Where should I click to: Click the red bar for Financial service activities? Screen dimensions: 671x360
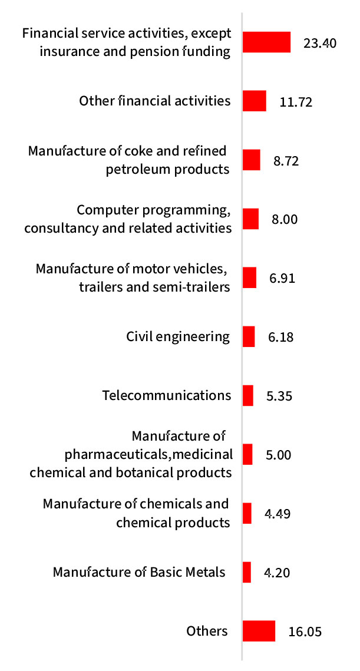[x=266, y=42]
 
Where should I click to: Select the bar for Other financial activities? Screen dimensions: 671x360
[x=255, y=101]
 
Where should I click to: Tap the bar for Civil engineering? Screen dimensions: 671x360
[x=249, y=336]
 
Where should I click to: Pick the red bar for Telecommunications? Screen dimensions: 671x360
[x=248, y=395]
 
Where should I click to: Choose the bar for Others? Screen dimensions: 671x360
[x=259, y=631]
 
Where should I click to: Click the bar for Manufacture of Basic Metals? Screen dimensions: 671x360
[x=247, y=572]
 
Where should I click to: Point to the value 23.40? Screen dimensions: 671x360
[x=320, y=43]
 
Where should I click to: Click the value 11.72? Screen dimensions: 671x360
[x=296, y=102]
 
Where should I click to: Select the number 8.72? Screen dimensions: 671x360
[x=286, y=161]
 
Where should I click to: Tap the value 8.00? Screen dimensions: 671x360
[x=284, y=220]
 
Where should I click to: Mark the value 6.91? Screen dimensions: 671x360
[x=282, y=279]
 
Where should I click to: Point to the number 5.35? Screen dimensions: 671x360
[x=279, y=396]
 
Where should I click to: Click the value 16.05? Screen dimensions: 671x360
[x=305, y=632]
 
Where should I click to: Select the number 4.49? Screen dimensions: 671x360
[x=278, y=514]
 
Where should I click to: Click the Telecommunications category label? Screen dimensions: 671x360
[x=167, y=395]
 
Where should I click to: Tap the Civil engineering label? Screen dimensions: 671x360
[x=178, y=336]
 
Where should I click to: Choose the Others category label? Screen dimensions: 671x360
[x=207, y=631]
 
